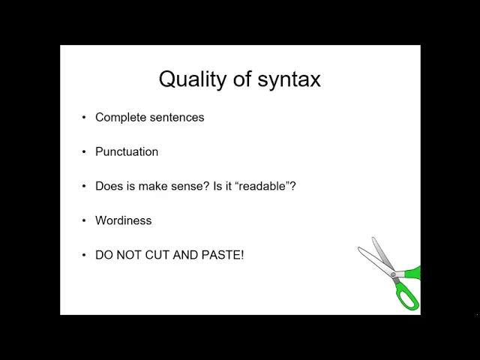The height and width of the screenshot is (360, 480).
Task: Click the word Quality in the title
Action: point(192,79)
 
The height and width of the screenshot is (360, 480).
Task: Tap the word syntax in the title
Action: point(289,79)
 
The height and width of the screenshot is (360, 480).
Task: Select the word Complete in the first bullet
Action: point(121,118)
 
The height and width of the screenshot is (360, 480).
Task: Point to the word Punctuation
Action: point(127,151)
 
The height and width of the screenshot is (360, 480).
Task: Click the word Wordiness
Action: point(123,220)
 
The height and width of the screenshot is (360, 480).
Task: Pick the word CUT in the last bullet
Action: point(157,255)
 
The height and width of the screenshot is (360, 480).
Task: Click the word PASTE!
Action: point(223,255)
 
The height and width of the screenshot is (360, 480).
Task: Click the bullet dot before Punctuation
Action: point(84,151)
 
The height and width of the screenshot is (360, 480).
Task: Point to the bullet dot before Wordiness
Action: point(84,220)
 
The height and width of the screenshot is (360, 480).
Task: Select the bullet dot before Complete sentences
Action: point(84,118)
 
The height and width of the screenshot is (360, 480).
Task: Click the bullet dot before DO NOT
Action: point(84,255)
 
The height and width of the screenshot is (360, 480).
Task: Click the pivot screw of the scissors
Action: point(393,275)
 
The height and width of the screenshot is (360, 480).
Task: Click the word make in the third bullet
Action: point(153,186)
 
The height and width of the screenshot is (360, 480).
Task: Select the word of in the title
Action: point(241,79)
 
